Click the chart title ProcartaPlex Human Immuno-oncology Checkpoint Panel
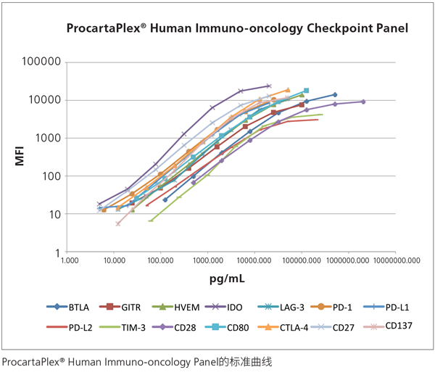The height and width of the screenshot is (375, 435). coord(237,29)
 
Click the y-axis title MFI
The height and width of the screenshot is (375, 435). coord(21,157)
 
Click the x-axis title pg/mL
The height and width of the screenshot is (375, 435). coord(232,279)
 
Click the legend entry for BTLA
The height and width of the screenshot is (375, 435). coord(77,308)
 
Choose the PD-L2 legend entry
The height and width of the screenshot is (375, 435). coord(80,327)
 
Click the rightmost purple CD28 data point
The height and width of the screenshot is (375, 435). coord(363,102)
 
